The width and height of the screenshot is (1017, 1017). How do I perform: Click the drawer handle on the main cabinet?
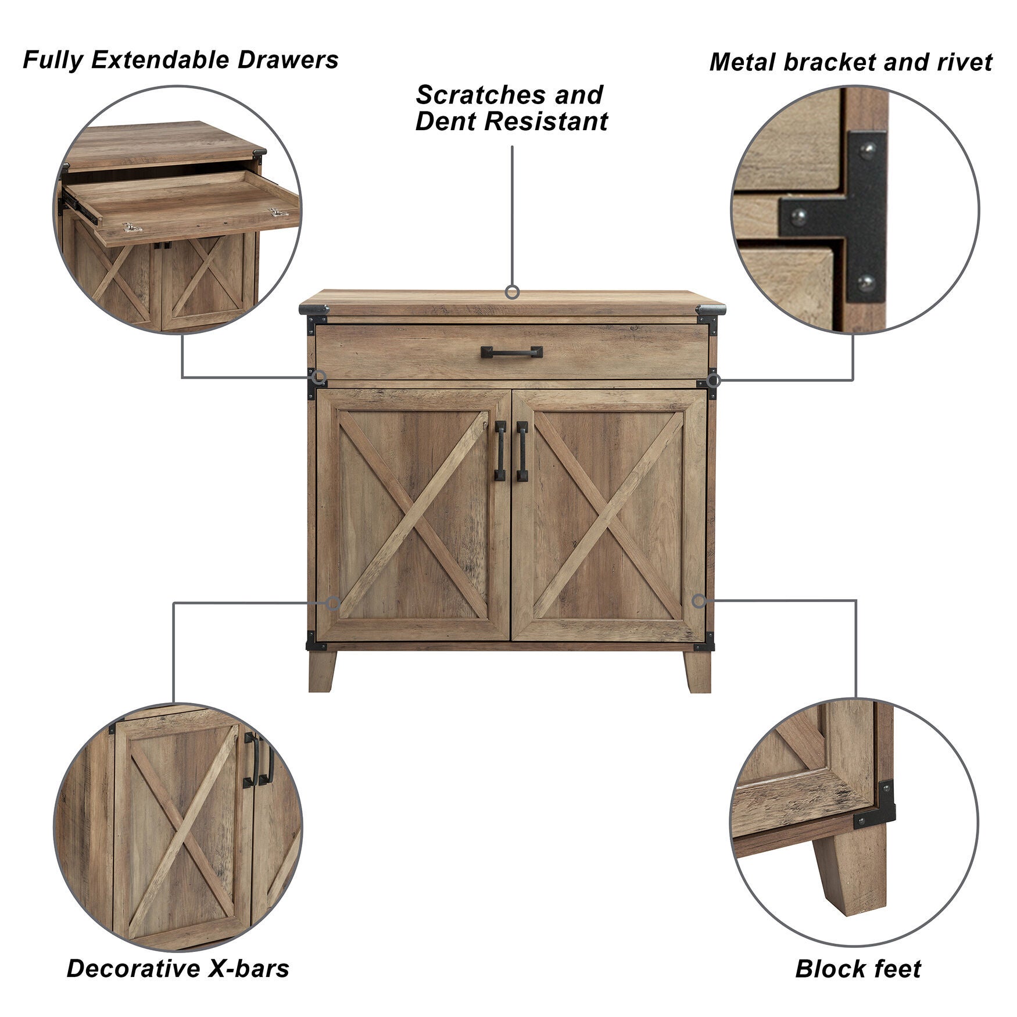[x=511, y=352]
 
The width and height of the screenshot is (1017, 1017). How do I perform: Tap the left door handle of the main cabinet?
[x=500, y=451]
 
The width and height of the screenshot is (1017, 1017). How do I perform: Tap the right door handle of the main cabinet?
[x=522, y=451]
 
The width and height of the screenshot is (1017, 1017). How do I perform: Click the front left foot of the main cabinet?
[x=322, y=671]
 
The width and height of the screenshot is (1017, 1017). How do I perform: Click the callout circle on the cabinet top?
[x=512, y=292]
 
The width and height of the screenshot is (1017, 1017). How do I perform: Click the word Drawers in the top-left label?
[x=288, y=60]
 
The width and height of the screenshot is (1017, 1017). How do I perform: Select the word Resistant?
[x=546, y=122]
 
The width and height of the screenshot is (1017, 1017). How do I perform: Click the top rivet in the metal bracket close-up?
[x=868, y=152]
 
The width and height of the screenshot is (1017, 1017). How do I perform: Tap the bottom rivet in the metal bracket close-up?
[x=866, y=283]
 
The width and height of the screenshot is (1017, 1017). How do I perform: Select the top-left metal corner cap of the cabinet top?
[x=314, y=310]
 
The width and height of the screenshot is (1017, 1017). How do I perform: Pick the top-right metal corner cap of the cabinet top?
[x=710, y=310]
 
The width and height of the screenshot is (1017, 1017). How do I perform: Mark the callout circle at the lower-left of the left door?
[x=333, y=603]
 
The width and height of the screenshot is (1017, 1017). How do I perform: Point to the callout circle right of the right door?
[x=699, y=601]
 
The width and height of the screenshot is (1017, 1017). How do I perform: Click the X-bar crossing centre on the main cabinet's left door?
[x=413, y=515]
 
